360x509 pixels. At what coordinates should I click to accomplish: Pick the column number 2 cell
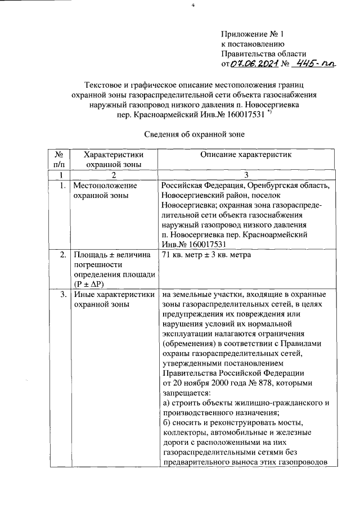112,175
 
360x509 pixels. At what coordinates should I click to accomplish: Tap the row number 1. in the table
60,185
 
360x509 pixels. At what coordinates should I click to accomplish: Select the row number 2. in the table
60,255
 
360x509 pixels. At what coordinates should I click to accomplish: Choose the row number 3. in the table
60,294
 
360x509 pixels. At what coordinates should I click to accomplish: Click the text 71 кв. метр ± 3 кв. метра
206,255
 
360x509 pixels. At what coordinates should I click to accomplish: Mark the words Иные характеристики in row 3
111,294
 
